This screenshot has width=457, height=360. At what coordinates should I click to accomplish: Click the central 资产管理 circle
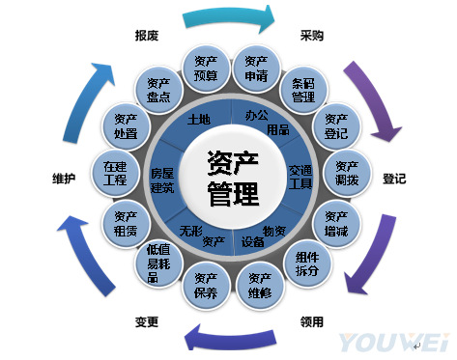[x=233, y=178]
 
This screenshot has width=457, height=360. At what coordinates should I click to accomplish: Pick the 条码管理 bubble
[x=303, y=90]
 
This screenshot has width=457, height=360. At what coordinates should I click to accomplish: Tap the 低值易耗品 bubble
[x=158, y=263]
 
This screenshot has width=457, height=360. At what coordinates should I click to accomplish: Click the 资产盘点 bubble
[x=158, y=88]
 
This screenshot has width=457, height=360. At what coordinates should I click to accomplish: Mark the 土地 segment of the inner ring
[x=199, y=121]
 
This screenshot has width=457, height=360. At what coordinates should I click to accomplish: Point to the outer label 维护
[x=65, y=179]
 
